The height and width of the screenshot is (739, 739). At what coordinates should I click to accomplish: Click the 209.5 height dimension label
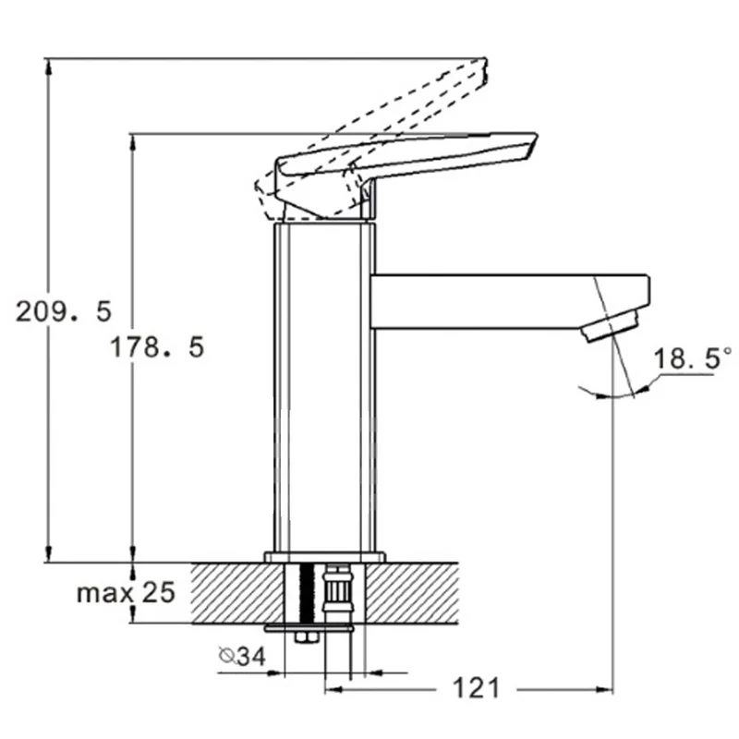64,311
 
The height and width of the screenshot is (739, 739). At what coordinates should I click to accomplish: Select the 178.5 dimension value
157,347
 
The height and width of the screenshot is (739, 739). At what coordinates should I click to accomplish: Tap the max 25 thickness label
126,592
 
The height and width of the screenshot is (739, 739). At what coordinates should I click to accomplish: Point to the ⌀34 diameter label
242,656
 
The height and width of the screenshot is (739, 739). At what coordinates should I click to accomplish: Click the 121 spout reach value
476,688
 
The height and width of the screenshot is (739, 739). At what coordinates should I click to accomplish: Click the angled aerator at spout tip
610,326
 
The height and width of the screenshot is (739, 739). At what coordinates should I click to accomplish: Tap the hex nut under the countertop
307,637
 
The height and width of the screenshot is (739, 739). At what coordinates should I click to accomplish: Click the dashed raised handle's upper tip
486,59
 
